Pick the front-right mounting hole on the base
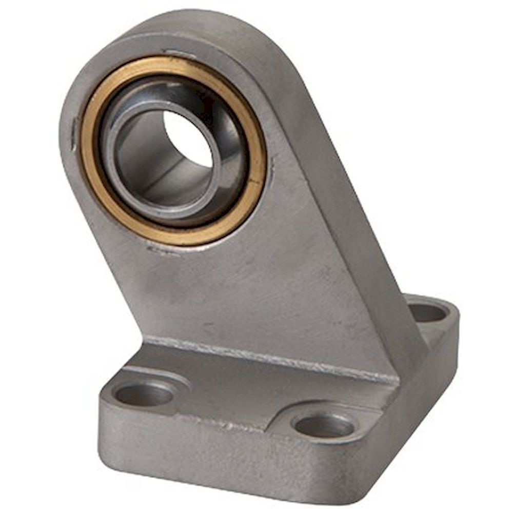324,425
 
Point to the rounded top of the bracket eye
195,26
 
